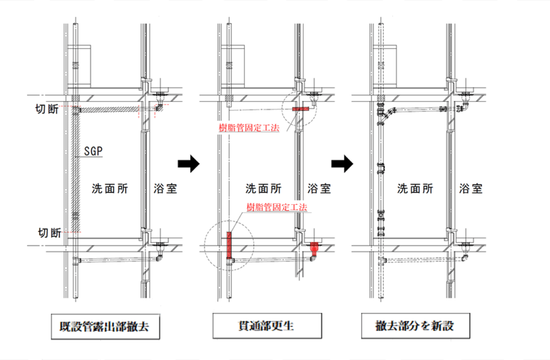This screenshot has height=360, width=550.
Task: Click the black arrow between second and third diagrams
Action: (341, 163)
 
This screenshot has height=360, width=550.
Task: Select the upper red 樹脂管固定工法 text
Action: (249, 128)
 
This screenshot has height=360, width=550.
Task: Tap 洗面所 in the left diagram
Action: (110, 189)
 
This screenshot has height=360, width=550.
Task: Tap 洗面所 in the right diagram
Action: (415, 189)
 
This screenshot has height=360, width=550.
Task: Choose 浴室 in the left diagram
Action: (165, 189)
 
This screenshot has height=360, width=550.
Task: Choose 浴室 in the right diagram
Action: (471, 189)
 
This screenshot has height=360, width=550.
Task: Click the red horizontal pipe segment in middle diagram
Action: (301, 110)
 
